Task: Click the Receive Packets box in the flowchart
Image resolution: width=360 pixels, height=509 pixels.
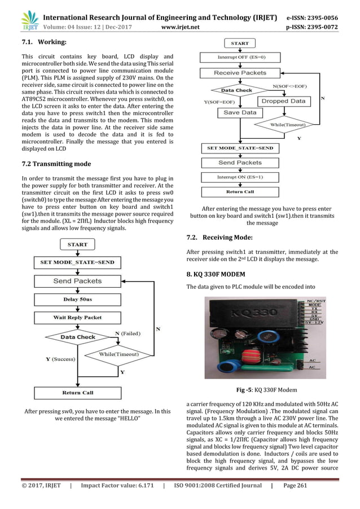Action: click(240, 73)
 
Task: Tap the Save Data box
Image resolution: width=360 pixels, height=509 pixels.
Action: click(240, 112)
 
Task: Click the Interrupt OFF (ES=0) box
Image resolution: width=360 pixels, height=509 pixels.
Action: click(240, 57)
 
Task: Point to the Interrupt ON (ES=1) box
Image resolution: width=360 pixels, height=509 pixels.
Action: click(240, 177)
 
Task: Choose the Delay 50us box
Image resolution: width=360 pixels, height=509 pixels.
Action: click(77, 299)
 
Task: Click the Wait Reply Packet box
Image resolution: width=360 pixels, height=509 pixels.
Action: click(77, 317)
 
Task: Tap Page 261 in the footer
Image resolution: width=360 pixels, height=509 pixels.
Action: click(294, 486)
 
